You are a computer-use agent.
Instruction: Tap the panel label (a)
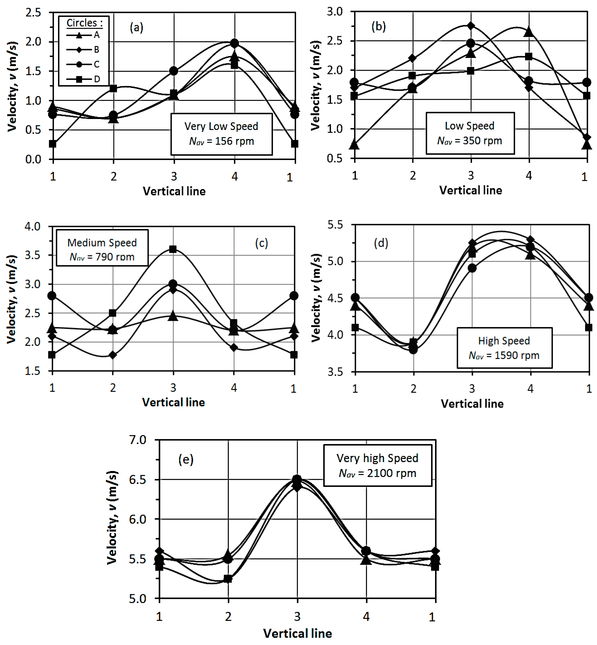click(136, 28)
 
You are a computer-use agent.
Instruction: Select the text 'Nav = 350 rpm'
click(469, 141)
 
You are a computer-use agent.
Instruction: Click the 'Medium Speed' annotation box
click(102, 248)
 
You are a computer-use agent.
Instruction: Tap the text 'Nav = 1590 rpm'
click(504, 355)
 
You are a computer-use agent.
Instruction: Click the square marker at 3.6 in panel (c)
click(173, 249)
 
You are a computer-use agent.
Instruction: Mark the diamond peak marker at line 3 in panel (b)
click(471, 26)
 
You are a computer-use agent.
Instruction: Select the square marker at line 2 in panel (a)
click(113, 88)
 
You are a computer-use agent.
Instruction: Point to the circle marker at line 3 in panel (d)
click(472, 268)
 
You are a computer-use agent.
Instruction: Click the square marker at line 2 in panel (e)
click(228, 579)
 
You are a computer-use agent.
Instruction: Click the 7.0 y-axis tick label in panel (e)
click(138, 440)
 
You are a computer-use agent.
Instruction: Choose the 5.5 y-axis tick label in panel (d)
click(335, 225)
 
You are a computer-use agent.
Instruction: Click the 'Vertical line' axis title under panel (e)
click(297, 633)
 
